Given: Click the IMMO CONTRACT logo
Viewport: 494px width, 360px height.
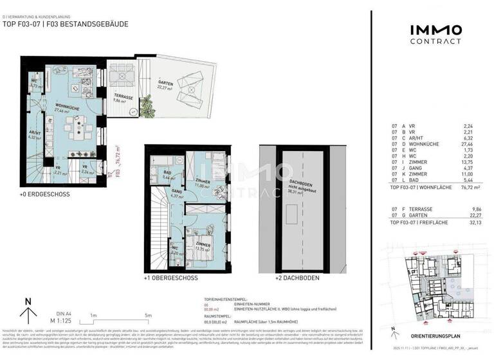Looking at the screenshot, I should (x=435, y=34).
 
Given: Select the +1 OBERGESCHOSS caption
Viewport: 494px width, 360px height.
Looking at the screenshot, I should (x=170, y=279).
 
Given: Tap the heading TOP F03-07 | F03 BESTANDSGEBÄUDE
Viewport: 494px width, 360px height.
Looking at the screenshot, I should (x=66, y=24).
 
